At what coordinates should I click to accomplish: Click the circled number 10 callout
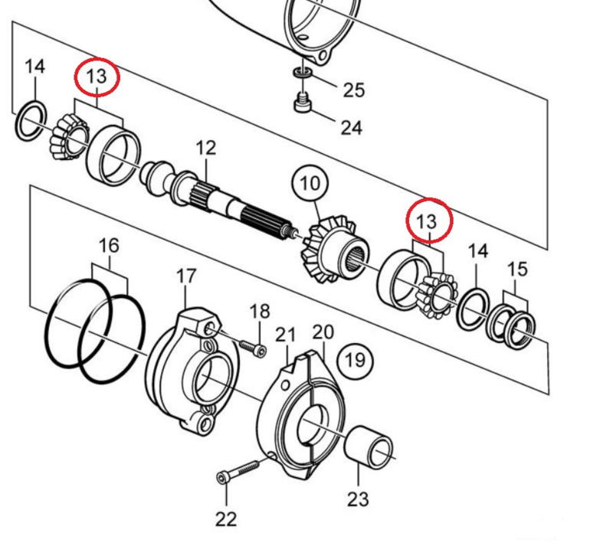pos(311,184)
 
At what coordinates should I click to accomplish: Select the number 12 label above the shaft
pos(206,148)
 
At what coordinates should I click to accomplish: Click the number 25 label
pos(353,90)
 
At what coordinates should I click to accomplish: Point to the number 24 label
pos(351,126)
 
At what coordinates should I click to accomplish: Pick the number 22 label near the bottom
pos(226,519)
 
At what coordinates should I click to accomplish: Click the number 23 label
pos(358,500)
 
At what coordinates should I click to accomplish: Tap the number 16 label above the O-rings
pos(110,245)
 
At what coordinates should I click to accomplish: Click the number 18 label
pos(260,311)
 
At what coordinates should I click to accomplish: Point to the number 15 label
pos(517,269)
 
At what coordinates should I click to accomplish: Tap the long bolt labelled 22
pos(241,469)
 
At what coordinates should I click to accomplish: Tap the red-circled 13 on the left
pos(97,77)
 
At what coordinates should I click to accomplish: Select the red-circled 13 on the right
pos(426,221)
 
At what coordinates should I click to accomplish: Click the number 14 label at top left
pos(34,67)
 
